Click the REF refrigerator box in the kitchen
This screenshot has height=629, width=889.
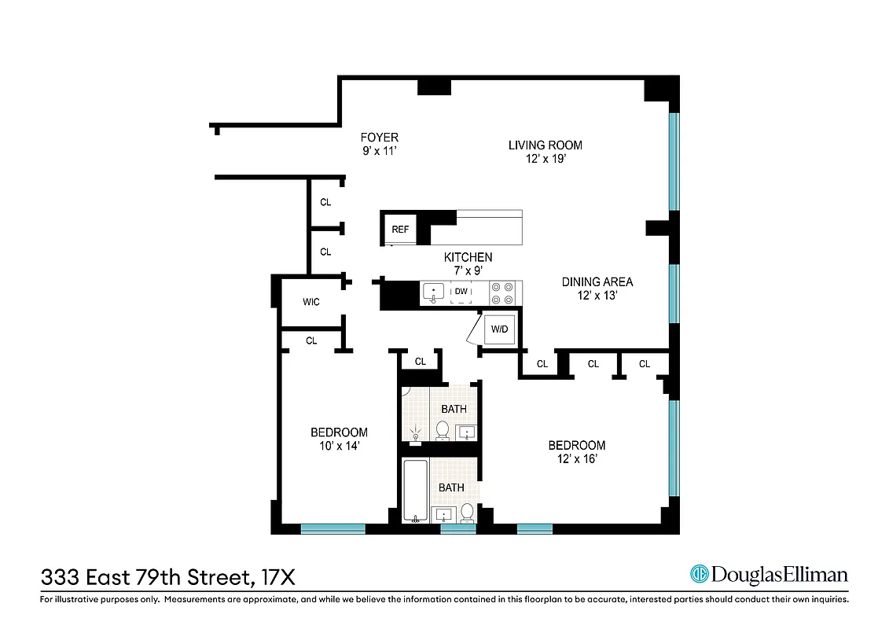coord(400,230)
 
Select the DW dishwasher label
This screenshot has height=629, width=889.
coord(461,292)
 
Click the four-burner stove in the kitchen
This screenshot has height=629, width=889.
coord(502,293)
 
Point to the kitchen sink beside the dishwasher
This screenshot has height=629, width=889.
coord(433,293)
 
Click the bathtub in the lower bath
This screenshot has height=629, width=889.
coord(415,491)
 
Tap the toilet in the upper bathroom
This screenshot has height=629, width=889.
coord(443,430)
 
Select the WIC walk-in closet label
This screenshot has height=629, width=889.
coord(311,302)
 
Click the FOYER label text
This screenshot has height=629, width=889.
coord(380,138)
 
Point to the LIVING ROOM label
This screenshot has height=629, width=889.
coord(545,145)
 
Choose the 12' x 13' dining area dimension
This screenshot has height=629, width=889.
coord(597,296)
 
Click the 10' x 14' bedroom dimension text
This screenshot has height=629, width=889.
coord(339,446)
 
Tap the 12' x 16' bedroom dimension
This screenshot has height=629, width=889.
coord(577,459)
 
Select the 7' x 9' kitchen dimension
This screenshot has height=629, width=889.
coord(468,270)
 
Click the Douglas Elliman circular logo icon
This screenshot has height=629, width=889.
coord(699,574)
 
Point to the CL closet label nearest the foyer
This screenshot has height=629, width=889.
coord(325,202)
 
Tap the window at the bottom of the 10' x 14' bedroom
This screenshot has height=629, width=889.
coord(332,528)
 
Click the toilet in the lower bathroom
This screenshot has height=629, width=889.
coord(466,513)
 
